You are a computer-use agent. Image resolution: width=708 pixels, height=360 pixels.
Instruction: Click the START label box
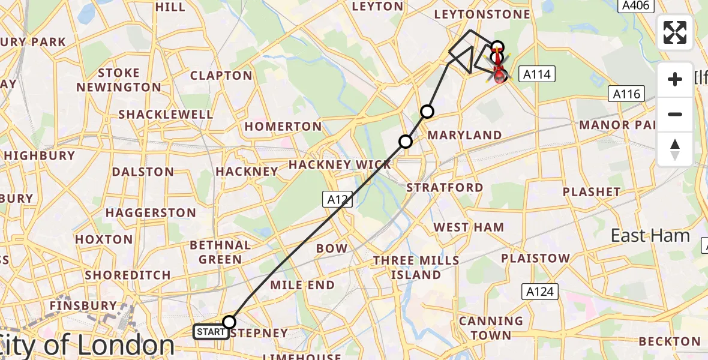point(211,332)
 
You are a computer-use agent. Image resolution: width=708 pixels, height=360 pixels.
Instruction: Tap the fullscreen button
point(675,32)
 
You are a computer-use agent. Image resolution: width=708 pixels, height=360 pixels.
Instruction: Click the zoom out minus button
point(675,114)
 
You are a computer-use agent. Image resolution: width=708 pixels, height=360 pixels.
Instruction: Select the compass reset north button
point(675,149)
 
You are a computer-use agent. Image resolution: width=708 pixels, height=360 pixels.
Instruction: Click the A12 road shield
point(337,200)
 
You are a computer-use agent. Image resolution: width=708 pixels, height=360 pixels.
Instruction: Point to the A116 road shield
point(628,94)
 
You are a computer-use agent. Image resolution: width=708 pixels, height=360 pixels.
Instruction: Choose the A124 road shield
point(539,292)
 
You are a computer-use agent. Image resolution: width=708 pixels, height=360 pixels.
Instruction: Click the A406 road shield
point(635,5)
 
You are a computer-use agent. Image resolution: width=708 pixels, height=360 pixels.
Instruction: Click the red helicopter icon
point(499,72)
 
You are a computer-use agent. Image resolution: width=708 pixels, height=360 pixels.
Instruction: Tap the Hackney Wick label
point(340,164)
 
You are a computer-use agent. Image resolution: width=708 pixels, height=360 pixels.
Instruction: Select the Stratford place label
point(445,188)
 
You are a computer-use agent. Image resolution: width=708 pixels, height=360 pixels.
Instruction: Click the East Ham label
point(650,236)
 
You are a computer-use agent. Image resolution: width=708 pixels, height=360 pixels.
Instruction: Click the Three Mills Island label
point(416,268)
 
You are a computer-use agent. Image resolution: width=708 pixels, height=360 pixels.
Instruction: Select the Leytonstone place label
point(482,14)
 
